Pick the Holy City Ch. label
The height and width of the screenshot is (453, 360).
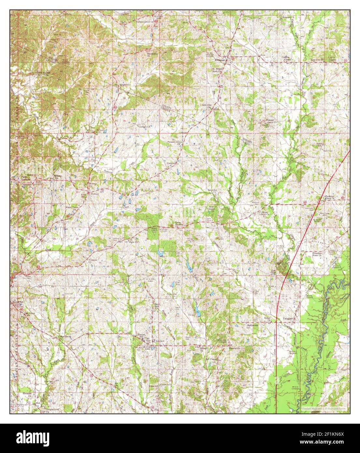(207, 105)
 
